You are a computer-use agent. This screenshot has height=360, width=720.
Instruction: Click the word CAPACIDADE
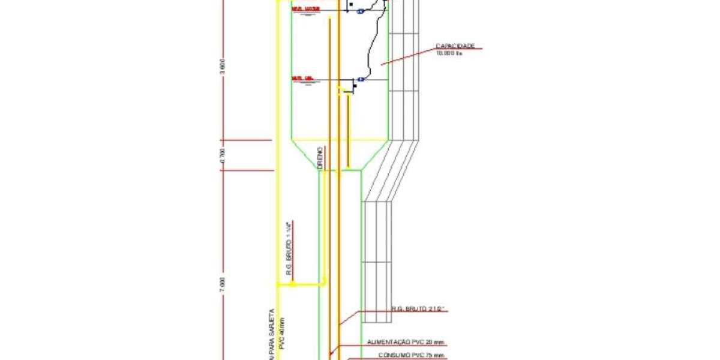coord(455,46)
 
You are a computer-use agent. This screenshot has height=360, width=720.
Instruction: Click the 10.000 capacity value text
coord(449,53)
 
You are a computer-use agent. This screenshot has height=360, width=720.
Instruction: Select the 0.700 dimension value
coord(222,155)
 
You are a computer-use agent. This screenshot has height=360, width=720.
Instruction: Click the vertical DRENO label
coord(320,157)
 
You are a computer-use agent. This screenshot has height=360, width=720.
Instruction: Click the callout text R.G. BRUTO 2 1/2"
coord(420,309)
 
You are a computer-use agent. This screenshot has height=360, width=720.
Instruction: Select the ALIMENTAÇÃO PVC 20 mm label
coord(406,343)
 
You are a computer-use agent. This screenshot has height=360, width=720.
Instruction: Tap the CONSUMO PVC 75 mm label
coord(412,355)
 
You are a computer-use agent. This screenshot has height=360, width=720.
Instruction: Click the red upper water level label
coord(305,8)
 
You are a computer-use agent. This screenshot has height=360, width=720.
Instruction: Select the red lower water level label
coord(303,79)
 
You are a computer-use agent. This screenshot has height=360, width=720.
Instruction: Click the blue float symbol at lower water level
coord(361,79)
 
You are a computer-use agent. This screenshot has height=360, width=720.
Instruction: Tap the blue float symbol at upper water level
coord(361,11)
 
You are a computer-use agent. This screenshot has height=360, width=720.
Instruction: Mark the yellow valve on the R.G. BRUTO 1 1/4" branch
coord(293,284)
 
